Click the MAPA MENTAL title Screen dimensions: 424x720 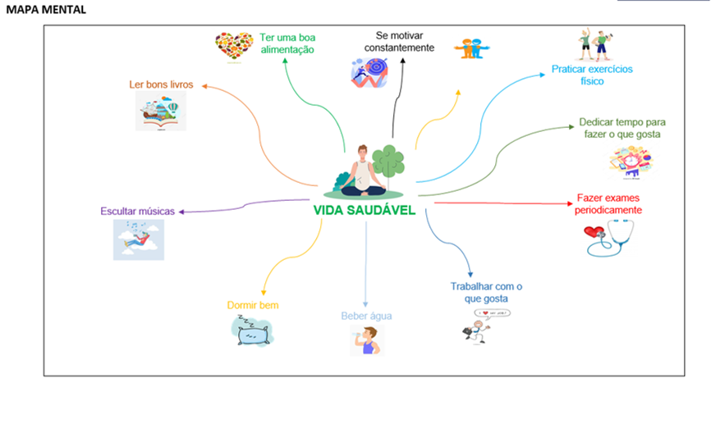click(46, 10)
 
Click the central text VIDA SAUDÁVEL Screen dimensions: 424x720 click(364, 210)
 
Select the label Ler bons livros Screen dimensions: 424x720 click(160, 84)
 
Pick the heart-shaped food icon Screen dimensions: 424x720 click(234, 46)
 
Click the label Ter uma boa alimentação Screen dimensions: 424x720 click(287, 43)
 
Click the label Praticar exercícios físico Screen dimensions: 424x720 click(591, 75)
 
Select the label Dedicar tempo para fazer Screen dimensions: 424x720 click(620, 127)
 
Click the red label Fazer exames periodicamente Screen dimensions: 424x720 click(609, 204)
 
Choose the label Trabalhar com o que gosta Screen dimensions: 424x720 click(486, 293)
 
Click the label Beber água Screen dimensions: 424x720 click(366, 316)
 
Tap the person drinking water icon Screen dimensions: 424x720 click(367, 340)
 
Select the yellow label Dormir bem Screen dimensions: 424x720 click(253, 305)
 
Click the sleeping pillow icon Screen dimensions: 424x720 click(252, 331)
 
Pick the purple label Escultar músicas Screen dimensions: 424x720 click(137, 211)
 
